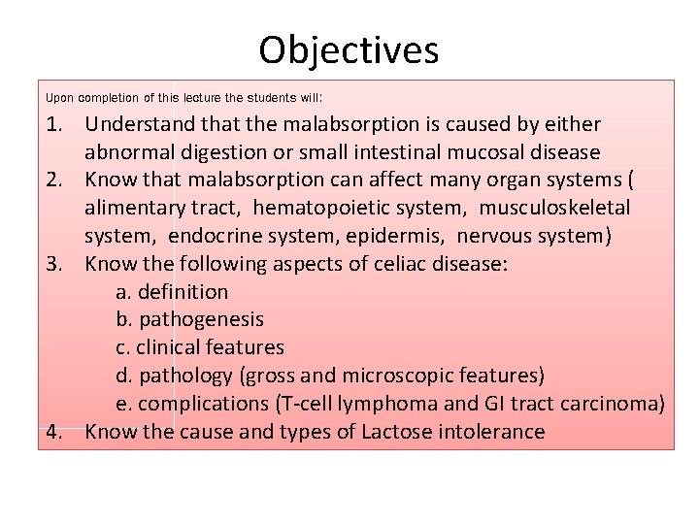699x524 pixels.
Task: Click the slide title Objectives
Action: coord(349,49)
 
